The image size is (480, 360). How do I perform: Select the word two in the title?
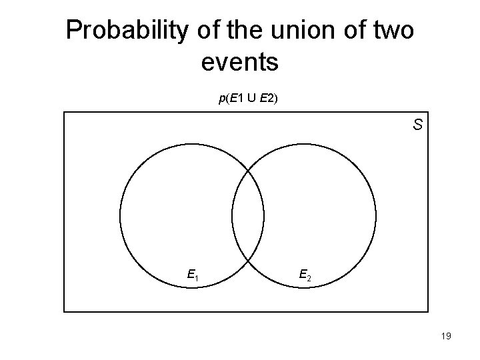pyautogui.click(x=391, y=30)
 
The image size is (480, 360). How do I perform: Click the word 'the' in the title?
pyautogui.click(x=240, y=30)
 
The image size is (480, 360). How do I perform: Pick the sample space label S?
pyautogui.click(x=417, y=125)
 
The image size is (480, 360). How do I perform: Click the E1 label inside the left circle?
pyautogui.click(x=194, y=273)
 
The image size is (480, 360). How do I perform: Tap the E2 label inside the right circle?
pyautogui.click(x=304, y=273)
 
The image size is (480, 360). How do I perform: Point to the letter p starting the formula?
pyautogui.click(x=221, y=99)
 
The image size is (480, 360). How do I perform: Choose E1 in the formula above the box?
pyautogui.click(x=234, y=99)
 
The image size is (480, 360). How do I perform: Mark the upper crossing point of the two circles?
pyautogui.click(x=248, y=171)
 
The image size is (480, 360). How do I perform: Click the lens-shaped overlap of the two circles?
pyautogui.click(x=248, y=215)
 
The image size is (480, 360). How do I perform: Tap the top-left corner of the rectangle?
pyautogui.click(x=64, y=112)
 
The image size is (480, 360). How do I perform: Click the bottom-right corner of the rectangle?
pyautogui.click(x=428, y=311)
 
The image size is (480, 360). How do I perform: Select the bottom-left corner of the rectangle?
pyautogui.click(x=64, y=311)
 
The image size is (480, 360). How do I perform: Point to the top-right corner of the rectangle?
pyautogui.click(x=428, y=112)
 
